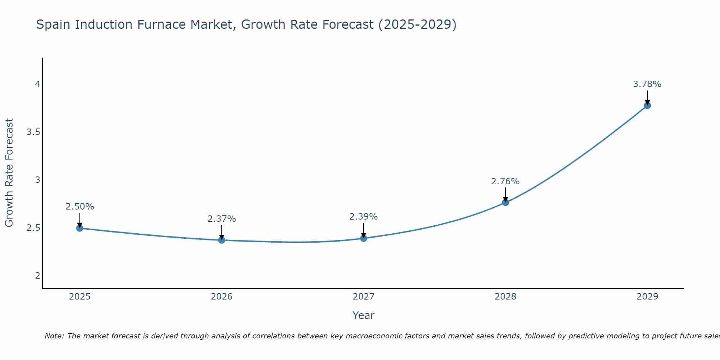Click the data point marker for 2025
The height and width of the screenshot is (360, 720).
80,228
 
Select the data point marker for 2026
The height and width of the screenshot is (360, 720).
222,240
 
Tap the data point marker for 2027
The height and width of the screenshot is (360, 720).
364,238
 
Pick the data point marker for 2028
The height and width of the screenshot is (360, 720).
505,202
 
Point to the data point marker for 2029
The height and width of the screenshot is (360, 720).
647,105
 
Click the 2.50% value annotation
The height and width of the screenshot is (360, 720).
80,207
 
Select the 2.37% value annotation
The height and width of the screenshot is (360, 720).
222,219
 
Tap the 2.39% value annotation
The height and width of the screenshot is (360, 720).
364,217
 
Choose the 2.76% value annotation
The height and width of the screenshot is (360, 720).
505,181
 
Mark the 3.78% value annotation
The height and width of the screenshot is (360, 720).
647,84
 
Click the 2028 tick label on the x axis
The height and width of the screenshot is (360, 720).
505,297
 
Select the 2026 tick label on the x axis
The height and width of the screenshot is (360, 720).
222,297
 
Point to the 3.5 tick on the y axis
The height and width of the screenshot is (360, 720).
33,132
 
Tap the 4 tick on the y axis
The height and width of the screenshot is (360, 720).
37,84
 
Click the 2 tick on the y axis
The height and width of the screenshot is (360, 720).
37,276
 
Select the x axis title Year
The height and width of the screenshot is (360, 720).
364,315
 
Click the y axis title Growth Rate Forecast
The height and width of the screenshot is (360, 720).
9,173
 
